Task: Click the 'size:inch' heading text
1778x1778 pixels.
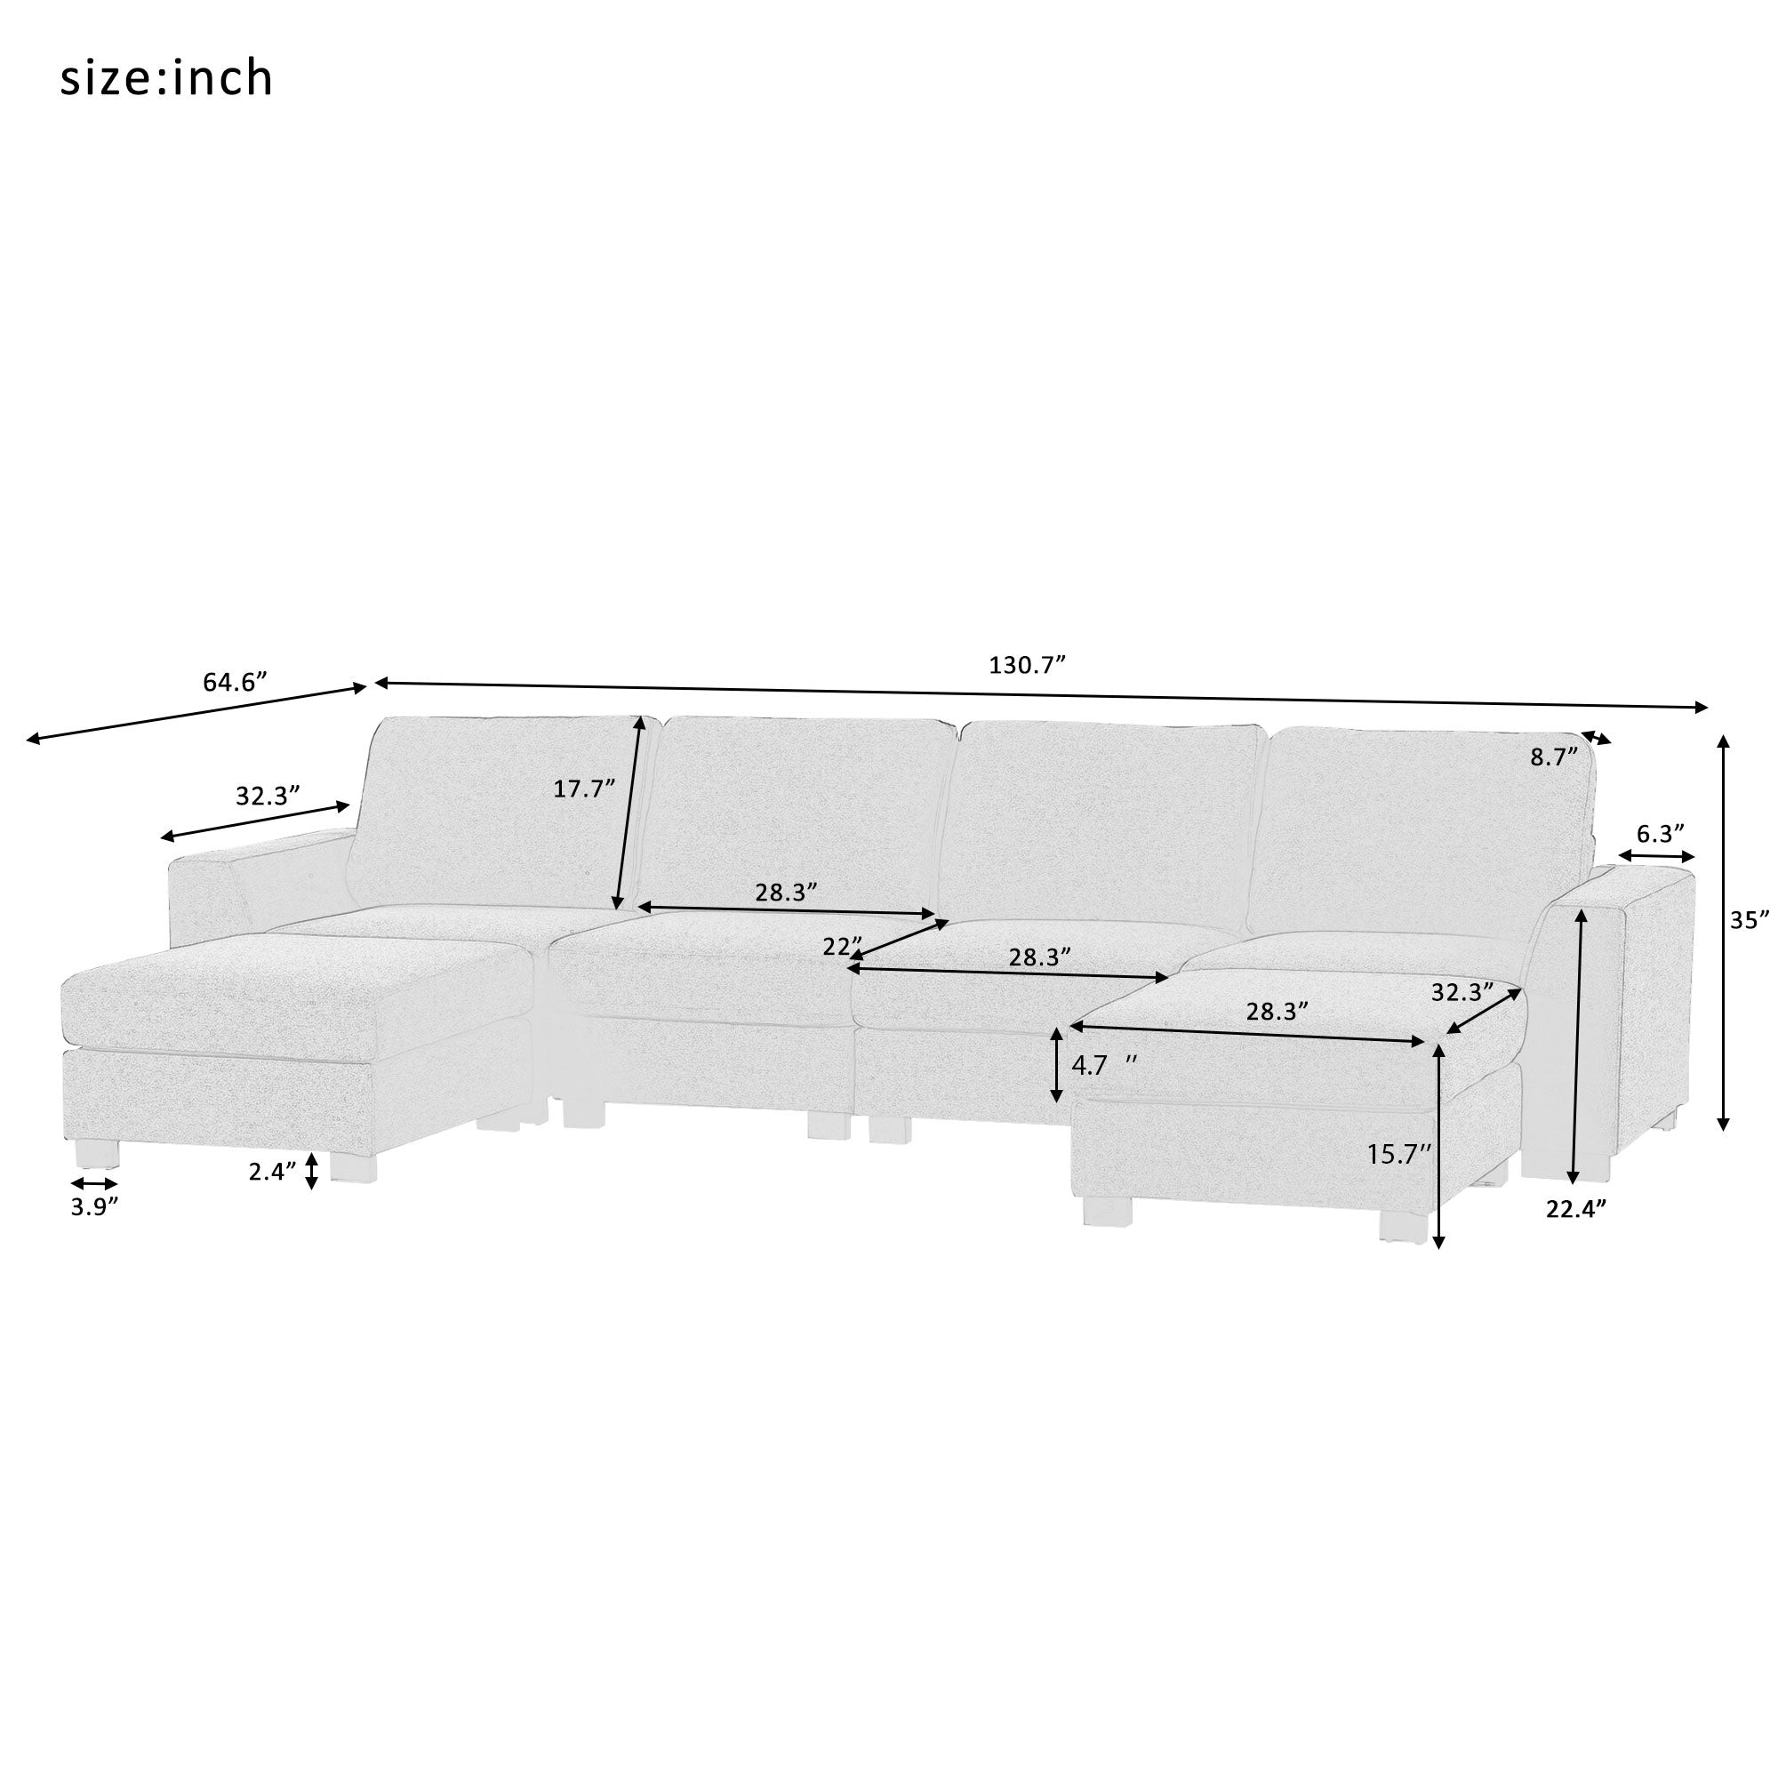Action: click(166, 78)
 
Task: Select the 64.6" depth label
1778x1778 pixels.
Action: click(234, 682)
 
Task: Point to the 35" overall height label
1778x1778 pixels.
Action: click(1749, 919)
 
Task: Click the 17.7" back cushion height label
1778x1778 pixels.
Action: click(583, 788)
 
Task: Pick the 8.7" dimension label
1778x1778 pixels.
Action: click(1553, 757)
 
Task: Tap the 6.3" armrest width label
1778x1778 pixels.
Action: click(1659, 833)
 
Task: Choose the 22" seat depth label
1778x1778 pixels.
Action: click(842, 946)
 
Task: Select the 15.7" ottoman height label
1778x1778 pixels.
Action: click(1398, 1154)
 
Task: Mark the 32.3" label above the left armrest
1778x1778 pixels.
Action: click(268, 795)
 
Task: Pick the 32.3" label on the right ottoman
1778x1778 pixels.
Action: click(1462, 992)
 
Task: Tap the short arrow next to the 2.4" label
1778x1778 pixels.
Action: click(312, 1171)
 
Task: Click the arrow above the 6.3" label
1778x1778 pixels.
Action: click(1656, 856)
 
